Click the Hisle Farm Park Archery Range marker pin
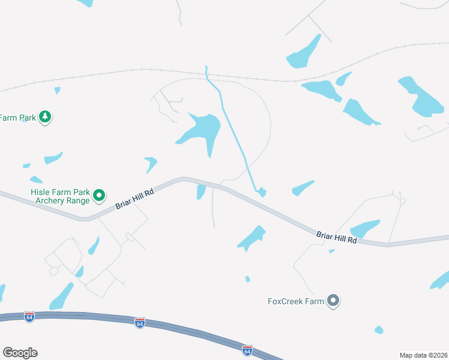tap(100, 195)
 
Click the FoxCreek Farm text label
tap(295, 301)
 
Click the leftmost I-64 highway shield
tap(29, 316)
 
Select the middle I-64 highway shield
tap(139, 323)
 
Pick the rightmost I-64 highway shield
tap(247, 349)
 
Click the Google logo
tap(20, 353)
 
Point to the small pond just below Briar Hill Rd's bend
tap(201, 191)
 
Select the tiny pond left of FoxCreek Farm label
tap(247, 279)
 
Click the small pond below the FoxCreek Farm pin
tap(379, 330)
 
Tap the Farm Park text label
tap(18, 118)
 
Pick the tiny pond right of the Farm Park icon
tap(57, 91)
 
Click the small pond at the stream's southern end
tap(262, 192)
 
